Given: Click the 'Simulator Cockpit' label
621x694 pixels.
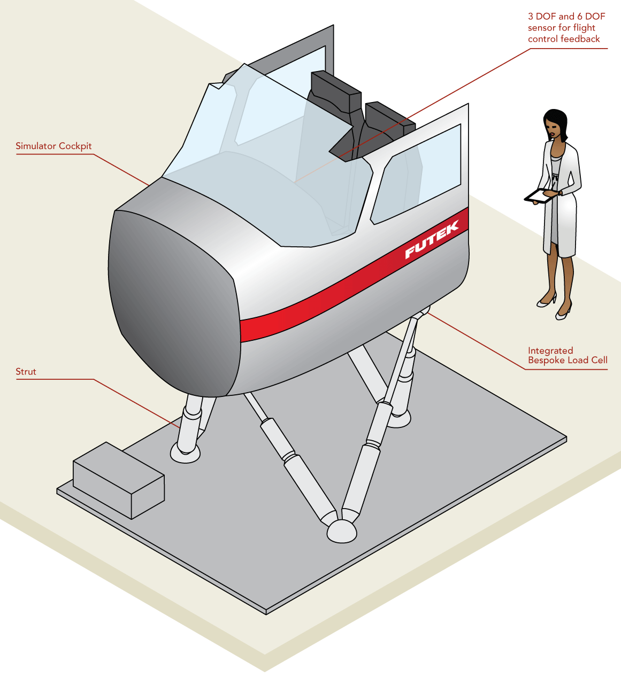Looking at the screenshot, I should (53, 146).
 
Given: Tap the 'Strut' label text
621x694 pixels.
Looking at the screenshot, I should (26, 372).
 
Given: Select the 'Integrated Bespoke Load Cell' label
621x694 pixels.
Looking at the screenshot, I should (567, 355).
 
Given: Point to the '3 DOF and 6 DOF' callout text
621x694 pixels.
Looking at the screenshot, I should (566, 17).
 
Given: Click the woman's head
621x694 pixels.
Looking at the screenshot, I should (555, 126).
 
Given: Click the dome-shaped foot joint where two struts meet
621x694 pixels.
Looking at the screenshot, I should (341, 531).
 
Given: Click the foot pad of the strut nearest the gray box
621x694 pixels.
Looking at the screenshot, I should (185, 454).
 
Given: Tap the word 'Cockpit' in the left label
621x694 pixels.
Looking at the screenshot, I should (75, 146).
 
